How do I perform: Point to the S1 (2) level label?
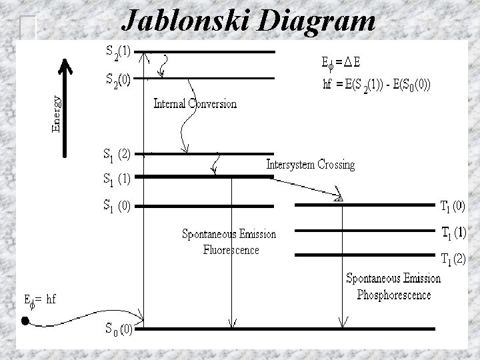(116, 155)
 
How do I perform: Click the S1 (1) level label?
(116, 179)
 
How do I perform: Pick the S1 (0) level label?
(116, 205)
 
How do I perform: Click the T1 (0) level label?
(453, 207)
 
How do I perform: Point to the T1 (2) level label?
(453, 258)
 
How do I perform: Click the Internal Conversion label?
(195, 104)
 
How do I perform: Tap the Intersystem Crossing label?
(310, 164)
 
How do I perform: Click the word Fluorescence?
(231, 250)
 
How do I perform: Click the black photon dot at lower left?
(25, 321)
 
